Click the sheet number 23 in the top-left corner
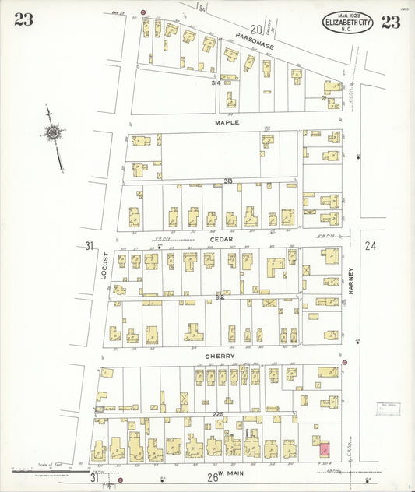point(23,20)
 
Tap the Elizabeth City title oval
point(348,23)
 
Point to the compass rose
point(53,133)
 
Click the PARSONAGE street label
point(254,46)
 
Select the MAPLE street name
point(227,123)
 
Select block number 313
point(228,181)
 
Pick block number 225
point(219,414)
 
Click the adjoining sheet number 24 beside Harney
point(370,246)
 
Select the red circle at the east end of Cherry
point(344,362)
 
